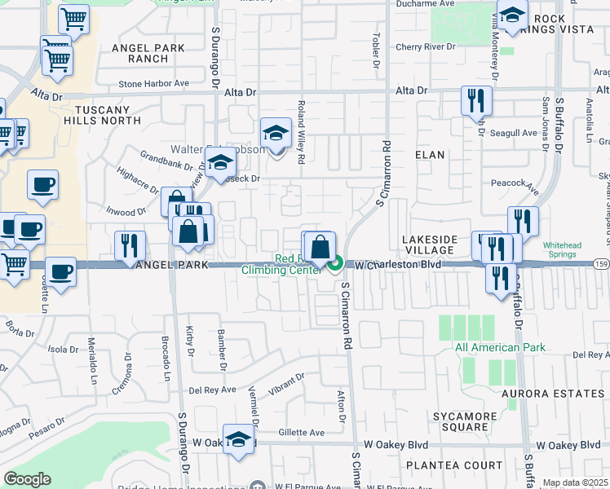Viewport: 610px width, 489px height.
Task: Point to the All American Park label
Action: point(500,348)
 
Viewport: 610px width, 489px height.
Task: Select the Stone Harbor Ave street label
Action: point(153,83)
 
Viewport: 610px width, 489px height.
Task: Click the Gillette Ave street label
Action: point(301,433)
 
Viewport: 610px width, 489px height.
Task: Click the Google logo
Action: point(27,479)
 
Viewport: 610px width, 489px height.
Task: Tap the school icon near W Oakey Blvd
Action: point(237,439)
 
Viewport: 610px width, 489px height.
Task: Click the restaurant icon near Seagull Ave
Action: point(476,101)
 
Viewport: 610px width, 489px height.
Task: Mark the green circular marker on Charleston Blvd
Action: point(335,263)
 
